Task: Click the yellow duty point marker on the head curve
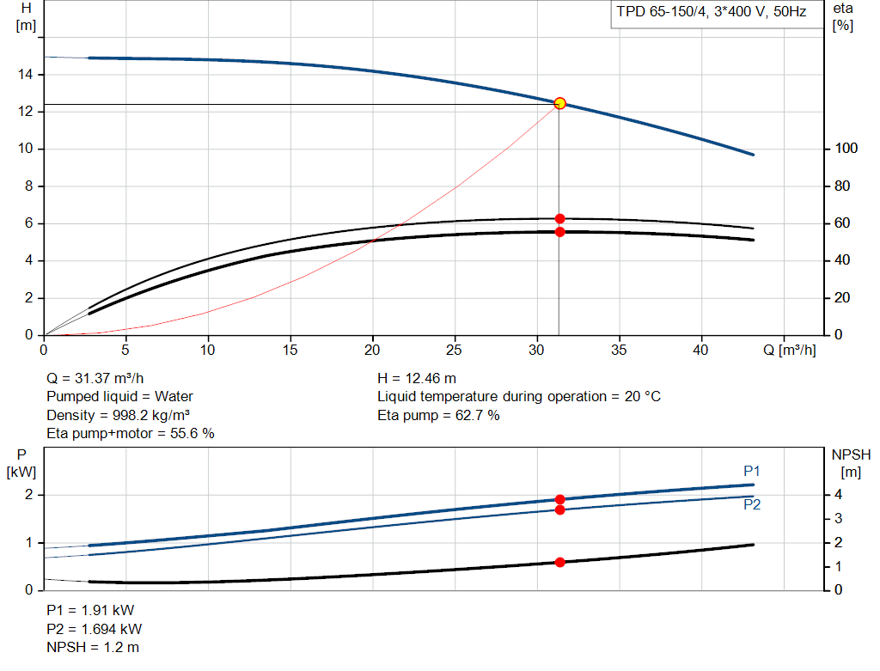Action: (x=559, y=103)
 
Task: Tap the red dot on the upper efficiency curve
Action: (x=559, y=219)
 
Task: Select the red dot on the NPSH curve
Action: (x=559, y=562)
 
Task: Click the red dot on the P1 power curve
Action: (x=559, y=499)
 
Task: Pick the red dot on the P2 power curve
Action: (x=559, y=510)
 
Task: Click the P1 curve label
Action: (x=751, y=472)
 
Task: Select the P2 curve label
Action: (x=751, y=504)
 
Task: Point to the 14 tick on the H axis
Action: (x=25, y=74)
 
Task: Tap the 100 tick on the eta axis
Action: (x=846, y=149)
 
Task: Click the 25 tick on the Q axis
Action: (x=454, y=350)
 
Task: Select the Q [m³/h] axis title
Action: (x=789, y=350)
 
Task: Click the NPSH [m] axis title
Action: (x=851, y=463)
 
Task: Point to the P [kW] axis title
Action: (x=21, y=463)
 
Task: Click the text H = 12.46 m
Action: (x=417, y=379)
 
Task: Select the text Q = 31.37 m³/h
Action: (x=95, y=379)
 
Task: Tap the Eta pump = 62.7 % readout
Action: (x=438, y=415)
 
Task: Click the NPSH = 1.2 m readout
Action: (x=93, y=648)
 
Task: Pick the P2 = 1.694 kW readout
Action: (x=95, y=629)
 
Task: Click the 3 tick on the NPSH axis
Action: (x=838, y=518)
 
